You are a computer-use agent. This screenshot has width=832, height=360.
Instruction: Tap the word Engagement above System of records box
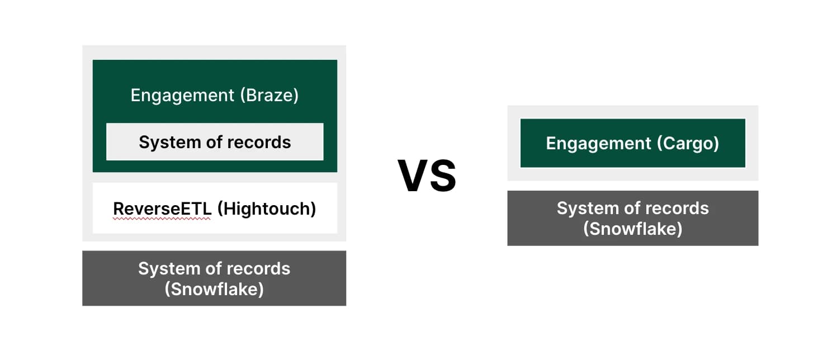pos(182,96)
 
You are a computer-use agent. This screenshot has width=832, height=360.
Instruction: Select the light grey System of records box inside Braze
pos(215,142)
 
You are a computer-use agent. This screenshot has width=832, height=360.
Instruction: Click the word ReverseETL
pos(162,209)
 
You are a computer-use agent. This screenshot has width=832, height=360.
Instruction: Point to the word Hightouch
pos(267,209)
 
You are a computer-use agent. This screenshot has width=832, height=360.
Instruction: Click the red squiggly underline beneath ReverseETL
pos(162,219)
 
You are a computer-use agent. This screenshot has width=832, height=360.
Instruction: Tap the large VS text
pos(427,176)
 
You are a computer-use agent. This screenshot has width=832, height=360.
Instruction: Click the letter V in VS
pos(412,176)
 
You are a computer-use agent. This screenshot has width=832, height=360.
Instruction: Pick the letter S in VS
pos(442,176)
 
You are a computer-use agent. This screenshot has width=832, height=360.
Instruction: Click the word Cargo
pos(688,144)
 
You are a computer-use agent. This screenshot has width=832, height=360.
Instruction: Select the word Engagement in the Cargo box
pos(598,144)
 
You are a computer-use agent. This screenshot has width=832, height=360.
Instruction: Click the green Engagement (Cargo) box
pos(632,143)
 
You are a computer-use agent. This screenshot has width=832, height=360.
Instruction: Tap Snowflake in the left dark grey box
pos(214,289)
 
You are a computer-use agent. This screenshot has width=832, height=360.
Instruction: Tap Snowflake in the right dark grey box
pos(632,229)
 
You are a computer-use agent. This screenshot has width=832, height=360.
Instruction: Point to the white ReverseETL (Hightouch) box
pos(215,208)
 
